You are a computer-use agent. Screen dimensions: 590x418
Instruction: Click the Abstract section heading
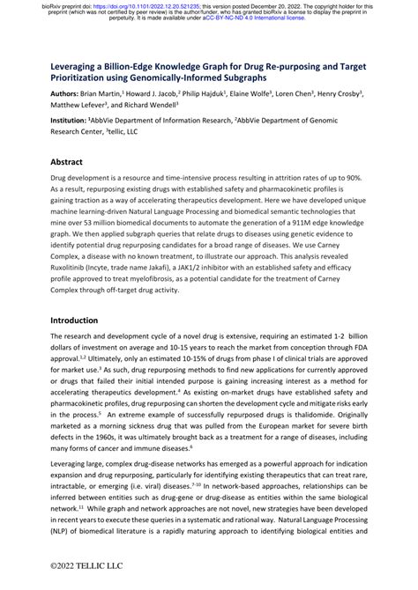[66, 163]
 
